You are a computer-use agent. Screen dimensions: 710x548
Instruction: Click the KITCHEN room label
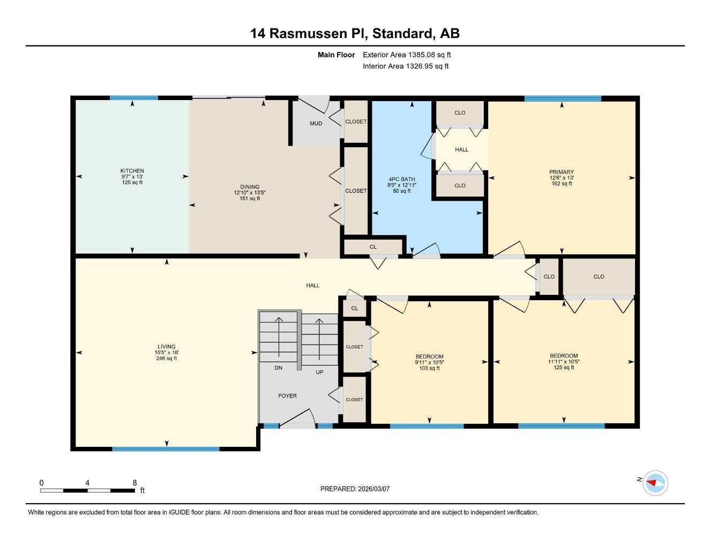click(132, 171)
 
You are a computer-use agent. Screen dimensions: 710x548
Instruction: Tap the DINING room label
click(250, 187)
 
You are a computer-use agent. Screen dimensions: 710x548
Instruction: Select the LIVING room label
click(167, 347)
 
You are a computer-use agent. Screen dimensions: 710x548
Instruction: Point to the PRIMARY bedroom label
click(562, 172)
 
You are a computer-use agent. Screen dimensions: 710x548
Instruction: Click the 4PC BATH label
click(401, 179)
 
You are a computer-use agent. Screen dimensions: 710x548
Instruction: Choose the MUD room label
click(316, 123)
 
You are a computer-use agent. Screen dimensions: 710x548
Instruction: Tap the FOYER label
click(288, 395)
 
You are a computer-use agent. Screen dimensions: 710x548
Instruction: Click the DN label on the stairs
click(279, 368)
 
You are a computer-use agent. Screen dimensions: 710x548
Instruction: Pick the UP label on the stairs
click(319, 372)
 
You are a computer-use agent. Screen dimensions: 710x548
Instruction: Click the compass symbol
click(655, 483)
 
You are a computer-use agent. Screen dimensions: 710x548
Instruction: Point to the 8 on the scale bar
click(134, 482)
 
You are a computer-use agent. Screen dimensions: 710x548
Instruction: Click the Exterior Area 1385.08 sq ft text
click(407, 55)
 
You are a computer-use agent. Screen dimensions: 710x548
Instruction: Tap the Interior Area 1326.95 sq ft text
click(406, 66)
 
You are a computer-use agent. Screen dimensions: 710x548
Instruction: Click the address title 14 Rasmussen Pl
click(309, 34)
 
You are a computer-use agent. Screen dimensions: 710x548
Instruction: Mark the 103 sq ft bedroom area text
click(429, 368)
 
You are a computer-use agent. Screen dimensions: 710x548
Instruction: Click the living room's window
click(166, 449)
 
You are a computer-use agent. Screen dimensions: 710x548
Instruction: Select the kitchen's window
click(133, 98)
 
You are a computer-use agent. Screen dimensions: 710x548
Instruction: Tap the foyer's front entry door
click(297, 418)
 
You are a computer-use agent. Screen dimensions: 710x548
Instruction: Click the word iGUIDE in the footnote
click(180, 513)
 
